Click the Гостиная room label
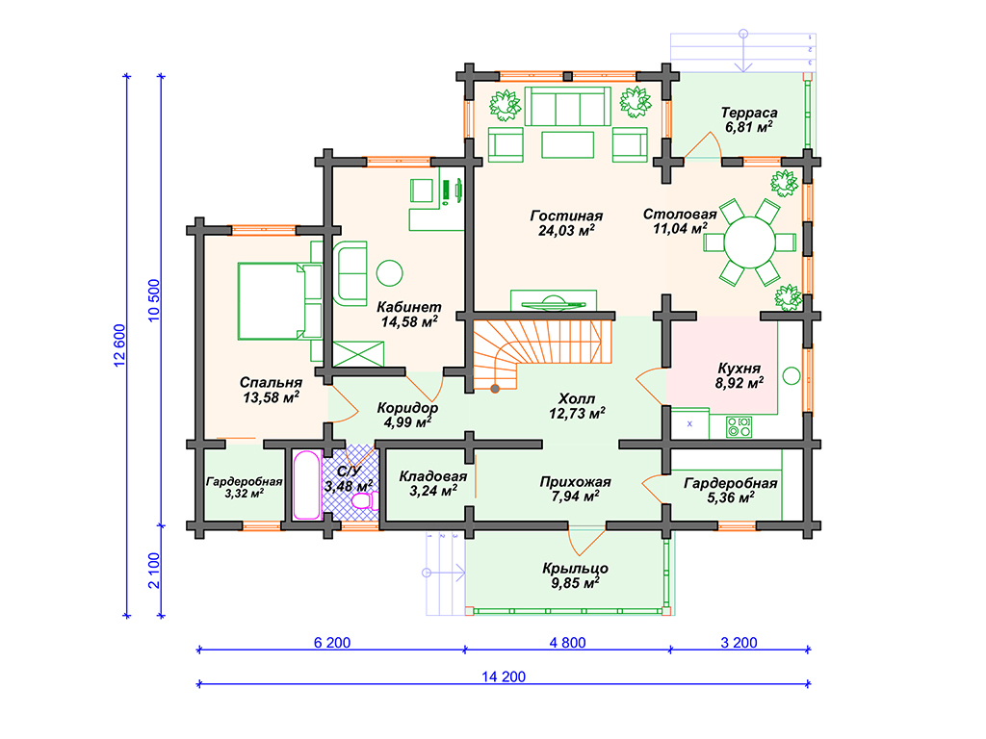coord(566,216)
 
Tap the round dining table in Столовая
coord(749,242)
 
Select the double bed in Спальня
coord(279,301)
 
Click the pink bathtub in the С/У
coord(307,485)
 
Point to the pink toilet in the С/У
coord(363,500)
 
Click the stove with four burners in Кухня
coord(739,427)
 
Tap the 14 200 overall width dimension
coord(504,676)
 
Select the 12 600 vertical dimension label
coord(119,345)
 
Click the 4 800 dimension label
coord(567,643)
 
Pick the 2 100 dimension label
coord(154,571)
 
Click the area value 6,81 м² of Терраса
coord(748,128)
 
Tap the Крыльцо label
coord(576,568)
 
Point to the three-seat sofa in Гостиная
coord(568,106)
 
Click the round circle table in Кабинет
coord(389,273)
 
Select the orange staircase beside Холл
coord(535,353)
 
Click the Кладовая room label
coord(433,476)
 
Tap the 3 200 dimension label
coord(739,643)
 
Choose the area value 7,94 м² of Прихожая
coord(576,497)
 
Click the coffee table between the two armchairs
coord(567,144)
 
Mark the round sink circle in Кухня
coord(791,376)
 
